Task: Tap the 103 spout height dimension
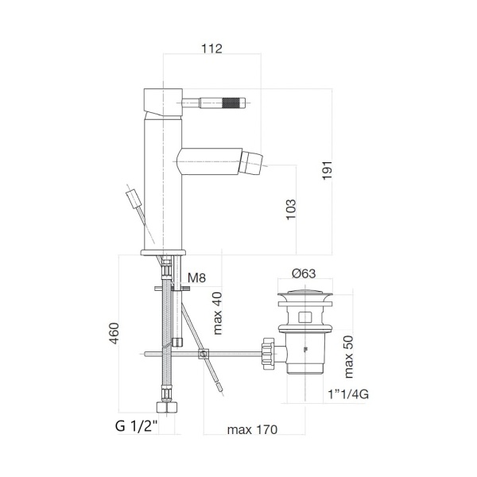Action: [291, 209]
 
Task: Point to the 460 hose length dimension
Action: [114, 336]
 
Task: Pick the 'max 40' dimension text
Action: [216, 313]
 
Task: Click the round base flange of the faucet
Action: [163, 253]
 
